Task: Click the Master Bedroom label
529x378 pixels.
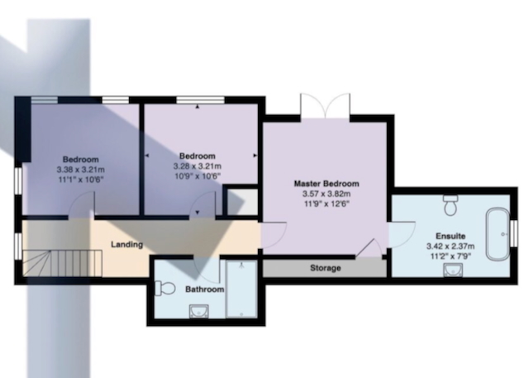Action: pos(326,184)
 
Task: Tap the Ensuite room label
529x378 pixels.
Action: pos(450,236)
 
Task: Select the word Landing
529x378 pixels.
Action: pos(126,244)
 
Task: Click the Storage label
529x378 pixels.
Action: pos(325,268)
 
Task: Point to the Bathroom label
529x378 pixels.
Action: pos(204,289)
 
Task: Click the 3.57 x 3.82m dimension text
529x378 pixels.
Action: pos(326,194)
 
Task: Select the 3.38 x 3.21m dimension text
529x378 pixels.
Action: pos(81,170)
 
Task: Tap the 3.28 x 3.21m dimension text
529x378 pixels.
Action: pos(198,166)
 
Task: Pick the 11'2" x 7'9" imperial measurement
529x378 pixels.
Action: pos(450,256)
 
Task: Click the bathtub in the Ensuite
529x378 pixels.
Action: pos(498,234)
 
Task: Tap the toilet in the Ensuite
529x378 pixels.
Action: pos(450,205)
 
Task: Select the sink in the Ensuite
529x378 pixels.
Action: pos(453,270)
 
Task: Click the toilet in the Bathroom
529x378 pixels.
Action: pos(164,289)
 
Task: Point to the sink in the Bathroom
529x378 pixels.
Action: pos(198,311)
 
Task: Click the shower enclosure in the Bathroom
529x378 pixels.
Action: pos(241,289)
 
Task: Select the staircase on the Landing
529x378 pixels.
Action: pos(62,263)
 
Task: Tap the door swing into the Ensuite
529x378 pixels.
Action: pos(402,234)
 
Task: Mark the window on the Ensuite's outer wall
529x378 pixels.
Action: pos(513,233)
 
